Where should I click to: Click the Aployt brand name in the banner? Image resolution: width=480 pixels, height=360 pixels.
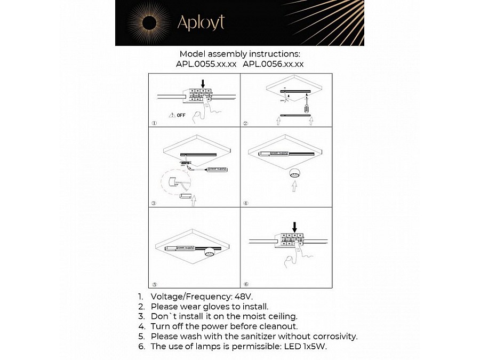tap(201, 22)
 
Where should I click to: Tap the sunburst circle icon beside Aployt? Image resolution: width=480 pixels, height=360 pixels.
tap(149, 22)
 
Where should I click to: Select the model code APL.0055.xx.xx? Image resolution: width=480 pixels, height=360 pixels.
tap(206, 64)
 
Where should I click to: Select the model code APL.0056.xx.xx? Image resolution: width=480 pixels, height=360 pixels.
tap(273, 64)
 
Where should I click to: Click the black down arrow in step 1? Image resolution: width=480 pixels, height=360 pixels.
tap(203, 83)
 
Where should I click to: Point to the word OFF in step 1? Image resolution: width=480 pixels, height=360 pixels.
tap(181, 115)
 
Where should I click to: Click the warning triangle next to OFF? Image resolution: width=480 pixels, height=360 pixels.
tap(172, 115)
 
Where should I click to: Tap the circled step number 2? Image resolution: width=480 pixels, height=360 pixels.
tap(245, 123)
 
